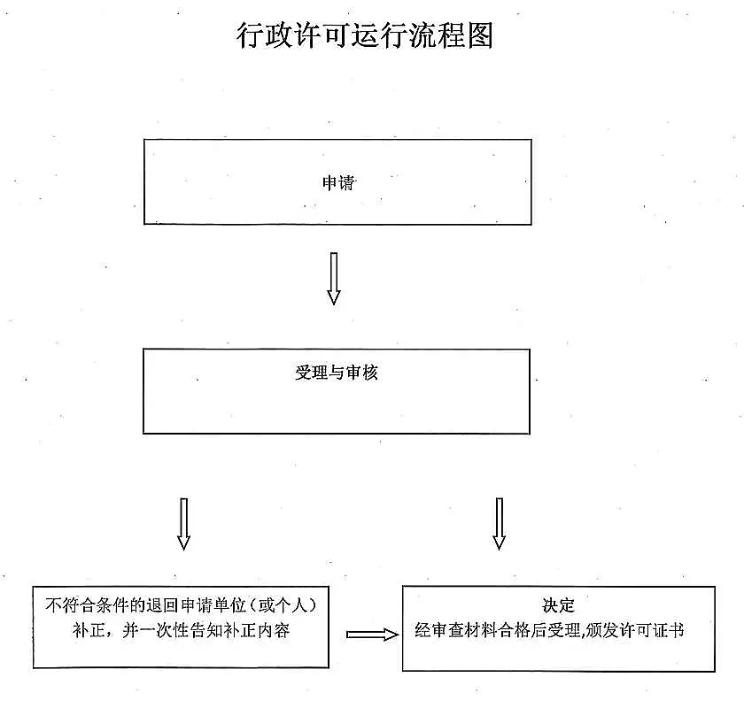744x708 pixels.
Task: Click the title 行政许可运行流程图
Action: click(365, 35)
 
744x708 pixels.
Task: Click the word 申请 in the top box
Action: click(338, 183)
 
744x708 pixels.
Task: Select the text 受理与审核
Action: click(337, 373)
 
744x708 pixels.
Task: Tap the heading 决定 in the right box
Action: click(559, 605)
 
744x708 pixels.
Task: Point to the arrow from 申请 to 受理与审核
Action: click(334, 279)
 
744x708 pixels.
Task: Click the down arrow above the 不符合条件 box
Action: click(183, 524)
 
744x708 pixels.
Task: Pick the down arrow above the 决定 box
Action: click(499, 524)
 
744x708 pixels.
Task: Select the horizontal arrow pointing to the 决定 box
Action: click(373, 635)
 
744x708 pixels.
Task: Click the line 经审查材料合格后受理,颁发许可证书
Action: click(549, 631)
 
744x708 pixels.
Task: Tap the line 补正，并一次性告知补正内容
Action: click(182, 631)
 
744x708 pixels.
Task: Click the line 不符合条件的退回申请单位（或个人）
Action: click(182, 605)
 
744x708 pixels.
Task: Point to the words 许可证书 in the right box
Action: click(653, 631)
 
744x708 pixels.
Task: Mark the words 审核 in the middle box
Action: click(362, 373)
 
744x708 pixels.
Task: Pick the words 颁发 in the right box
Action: click(602, 631)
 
